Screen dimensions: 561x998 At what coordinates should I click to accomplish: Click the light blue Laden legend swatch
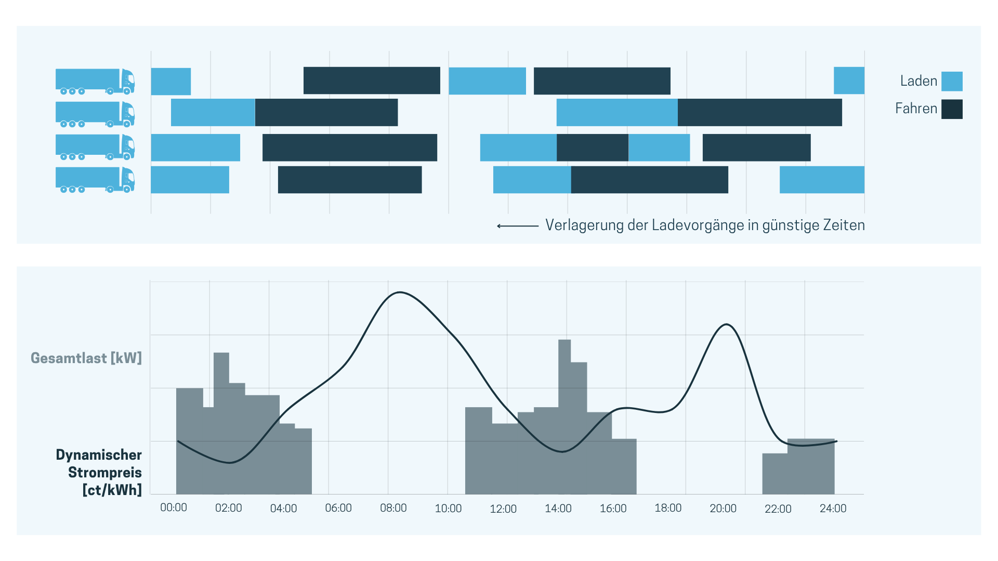tap(952, 82)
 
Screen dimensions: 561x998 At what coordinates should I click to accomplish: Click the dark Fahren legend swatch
tap(952, 109)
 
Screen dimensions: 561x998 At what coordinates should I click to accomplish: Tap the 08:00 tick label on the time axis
tap(393, 508)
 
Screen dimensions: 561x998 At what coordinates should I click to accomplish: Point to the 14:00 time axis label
tap(558, 509)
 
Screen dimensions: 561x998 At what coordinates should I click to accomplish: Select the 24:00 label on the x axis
tap(833, 509)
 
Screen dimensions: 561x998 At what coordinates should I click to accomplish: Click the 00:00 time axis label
tap(173, 507)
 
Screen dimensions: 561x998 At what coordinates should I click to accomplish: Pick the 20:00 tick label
tap(723, 509)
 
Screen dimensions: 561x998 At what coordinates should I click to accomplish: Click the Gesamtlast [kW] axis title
tap(86, 358)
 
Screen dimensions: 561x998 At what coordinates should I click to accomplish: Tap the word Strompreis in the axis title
tap(105, 472)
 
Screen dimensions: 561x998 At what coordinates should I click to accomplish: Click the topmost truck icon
tap(95, 82)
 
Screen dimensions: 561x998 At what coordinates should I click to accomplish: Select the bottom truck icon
tap(95, 180)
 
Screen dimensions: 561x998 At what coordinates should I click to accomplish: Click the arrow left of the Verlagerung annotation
tap(517, 226)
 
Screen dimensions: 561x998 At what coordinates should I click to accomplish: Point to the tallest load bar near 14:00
tap(564, 416)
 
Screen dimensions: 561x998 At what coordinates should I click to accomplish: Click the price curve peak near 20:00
tap(726, 325)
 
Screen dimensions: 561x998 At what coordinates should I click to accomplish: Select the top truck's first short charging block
tap(170, 82)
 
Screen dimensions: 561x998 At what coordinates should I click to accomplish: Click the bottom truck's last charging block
tap(822, 180)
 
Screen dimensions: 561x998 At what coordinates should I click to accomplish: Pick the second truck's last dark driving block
tap(759, 112)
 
